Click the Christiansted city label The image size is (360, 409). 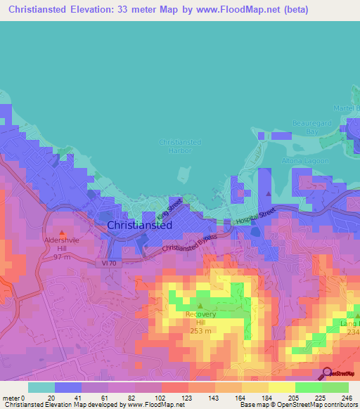pyautogui.click(x=140, y=226)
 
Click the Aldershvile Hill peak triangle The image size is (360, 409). pyautogui.click(x=63, y=233)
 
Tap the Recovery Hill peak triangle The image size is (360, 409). pyautogui.click(x=200, y=306)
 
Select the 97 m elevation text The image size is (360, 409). pyautogui.click(x=63, y=257)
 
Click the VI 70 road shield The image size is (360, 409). pyautogui.click(x=104, y=263)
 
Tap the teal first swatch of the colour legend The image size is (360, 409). pyautogui.click(x=41, y=387)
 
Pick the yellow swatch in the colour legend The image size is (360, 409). pyautogui.click(x=281, y=387)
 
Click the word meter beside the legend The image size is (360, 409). pyautogui.click(x=11, y=398)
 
